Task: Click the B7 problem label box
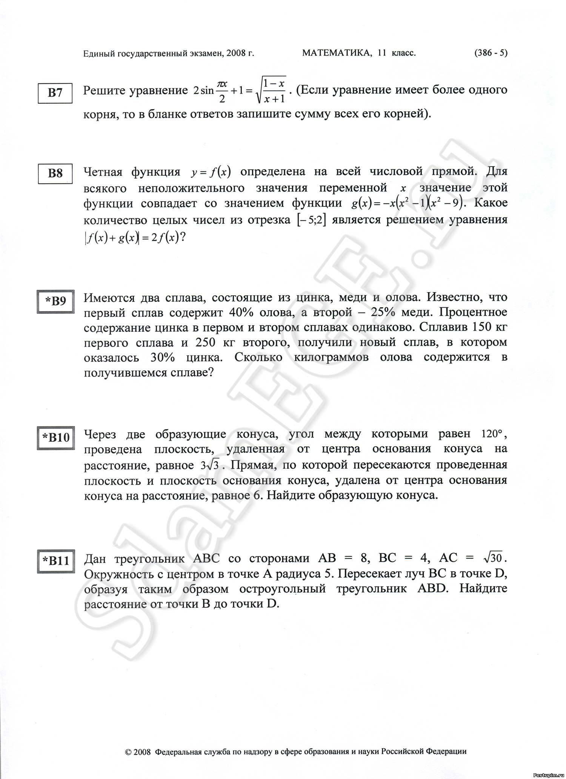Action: point(55,92)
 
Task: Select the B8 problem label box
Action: point(55,173)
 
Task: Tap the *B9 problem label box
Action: point(55,301)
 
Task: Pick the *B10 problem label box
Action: point(55,437)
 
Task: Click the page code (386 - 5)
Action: point(491,53)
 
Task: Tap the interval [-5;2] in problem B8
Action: point(311,220)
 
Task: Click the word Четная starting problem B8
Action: point(103,172)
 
